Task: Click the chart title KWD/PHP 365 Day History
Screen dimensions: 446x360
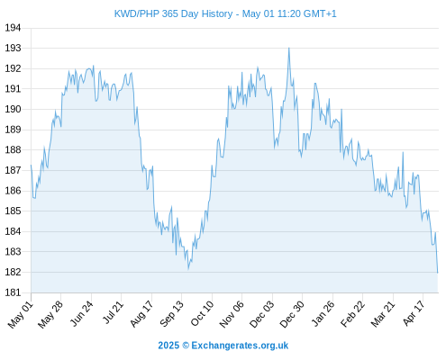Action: (173, 13)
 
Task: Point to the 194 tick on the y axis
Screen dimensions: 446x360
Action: (13, 28)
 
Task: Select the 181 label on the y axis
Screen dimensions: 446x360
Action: (13, 292)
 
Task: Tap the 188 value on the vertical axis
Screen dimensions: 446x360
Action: (13, 149)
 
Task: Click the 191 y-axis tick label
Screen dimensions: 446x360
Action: (13, 89)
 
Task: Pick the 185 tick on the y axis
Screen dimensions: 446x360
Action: (13, 211)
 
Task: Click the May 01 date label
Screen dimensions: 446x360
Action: (21, 314)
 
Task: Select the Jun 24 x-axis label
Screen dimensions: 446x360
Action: (82, 313)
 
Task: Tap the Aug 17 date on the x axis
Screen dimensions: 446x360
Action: (141, 313)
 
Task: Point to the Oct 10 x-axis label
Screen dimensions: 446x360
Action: (203, 313)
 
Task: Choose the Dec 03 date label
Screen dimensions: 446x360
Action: (262, 314)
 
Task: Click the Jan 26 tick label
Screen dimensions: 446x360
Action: (323, 313)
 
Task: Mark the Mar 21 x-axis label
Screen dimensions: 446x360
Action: (383, 313)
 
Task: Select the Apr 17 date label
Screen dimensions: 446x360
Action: (414, 313)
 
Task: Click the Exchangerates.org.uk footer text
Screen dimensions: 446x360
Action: (240, 346)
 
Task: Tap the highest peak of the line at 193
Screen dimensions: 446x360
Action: (289, 48)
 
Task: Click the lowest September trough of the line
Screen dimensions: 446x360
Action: (188, 269)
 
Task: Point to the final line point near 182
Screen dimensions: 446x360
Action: (438, 273)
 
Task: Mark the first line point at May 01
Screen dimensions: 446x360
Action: (31, 165)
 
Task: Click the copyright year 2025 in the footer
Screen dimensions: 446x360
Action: (168, 346)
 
